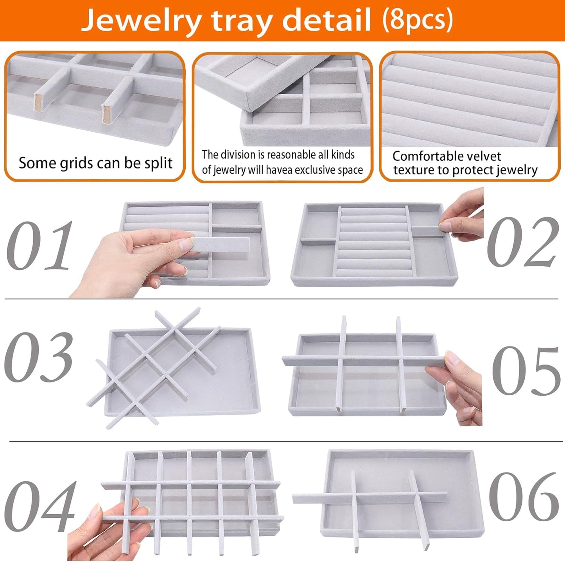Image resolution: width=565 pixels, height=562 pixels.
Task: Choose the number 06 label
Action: point(524,496)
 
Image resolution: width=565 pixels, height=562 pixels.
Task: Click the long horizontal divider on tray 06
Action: point(369,498)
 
